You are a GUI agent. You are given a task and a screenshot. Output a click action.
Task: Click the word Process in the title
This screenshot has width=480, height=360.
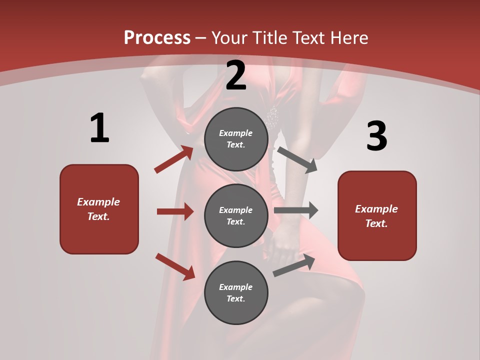[157, 38]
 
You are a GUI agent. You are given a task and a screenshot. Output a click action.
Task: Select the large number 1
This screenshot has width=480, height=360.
[99, 128]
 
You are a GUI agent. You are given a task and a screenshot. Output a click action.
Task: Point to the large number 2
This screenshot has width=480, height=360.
[236, 75]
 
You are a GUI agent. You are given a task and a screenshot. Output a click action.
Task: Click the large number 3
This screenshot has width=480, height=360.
[376, 136]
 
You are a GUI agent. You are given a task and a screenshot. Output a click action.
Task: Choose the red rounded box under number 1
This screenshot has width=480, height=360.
[99, 209]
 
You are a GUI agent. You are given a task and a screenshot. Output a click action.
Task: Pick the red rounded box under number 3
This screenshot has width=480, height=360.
[377, 216]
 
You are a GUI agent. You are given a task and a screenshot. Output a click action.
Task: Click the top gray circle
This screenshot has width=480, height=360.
[236, 139]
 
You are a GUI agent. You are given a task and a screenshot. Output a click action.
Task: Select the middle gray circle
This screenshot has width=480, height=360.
[236, 216]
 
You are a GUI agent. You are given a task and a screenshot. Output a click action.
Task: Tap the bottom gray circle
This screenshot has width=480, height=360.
[236, 293]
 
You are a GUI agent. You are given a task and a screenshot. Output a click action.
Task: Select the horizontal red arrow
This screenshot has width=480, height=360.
[175, 211]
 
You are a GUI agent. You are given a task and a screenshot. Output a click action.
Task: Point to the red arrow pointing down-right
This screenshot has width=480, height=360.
[175, 266]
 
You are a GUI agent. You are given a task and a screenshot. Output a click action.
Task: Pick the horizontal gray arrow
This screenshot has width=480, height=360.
[296, 210]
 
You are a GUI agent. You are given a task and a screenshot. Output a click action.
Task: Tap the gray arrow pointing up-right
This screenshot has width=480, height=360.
[294, 265]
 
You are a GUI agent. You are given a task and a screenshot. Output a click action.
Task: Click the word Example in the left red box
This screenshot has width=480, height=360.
[98, 202]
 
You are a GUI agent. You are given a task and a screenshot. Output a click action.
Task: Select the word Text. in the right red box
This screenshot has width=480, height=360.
[376, 223]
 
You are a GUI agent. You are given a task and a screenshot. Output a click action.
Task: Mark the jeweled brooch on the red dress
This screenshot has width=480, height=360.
[272, 117]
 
